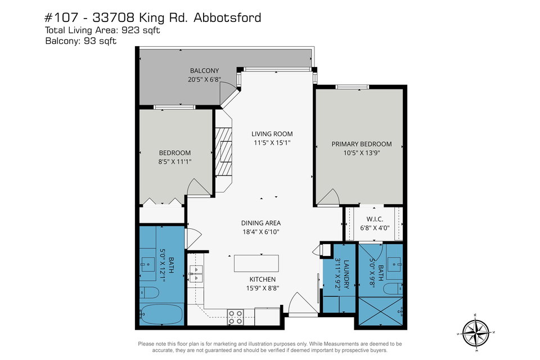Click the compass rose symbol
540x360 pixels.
click(476, 333)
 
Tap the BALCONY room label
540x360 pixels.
click(205, 71)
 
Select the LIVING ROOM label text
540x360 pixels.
click(272, 134)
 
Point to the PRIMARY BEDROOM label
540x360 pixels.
click(362, 144)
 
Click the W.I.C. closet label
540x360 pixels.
click(375, 219)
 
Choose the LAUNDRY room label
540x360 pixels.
click(346, 274)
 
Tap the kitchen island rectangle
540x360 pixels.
click(256, 264)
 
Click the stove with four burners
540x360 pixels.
click(236, 317)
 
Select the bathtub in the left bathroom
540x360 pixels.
click(161, 314)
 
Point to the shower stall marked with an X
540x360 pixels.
click(381, 311)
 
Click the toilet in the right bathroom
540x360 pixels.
click(393, 289)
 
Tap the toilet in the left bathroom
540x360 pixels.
click(150, 292)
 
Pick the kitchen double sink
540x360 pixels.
click(196, 273)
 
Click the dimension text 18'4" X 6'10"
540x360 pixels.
click(260, 232)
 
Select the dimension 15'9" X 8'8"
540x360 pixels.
click(263, 288)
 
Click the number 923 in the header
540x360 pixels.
click(131, 30)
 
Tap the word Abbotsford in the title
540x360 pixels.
click(227, 17)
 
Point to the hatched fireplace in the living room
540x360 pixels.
click(223, 151)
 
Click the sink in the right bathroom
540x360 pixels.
click(394, 264)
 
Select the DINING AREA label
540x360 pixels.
click(260, 223)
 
